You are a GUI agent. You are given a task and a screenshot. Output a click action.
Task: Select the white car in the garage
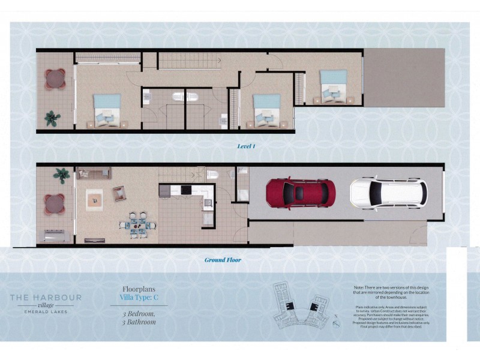point(388,193)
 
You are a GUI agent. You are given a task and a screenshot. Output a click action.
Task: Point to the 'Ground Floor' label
point(223,260)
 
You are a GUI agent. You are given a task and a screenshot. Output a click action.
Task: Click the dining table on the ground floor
point(137,223)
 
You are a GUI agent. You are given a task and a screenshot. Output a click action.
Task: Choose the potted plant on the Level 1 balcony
point(52,118)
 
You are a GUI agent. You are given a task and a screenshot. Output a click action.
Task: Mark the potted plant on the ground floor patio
point(61,175)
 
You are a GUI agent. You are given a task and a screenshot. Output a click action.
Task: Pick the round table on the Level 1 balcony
point(55,79)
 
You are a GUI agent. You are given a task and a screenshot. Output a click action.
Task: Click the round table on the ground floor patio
point(55,205)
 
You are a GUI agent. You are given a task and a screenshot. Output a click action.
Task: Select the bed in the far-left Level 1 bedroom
point(107,111)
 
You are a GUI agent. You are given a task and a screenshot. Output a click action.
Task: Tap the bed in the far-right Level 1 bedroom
point(332,85)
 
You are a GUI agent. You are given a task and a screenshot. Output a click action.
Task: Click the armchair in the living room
point(119,193)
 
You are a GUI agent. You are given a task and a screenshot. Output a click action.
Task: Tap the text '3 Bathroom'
point(139,322)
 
